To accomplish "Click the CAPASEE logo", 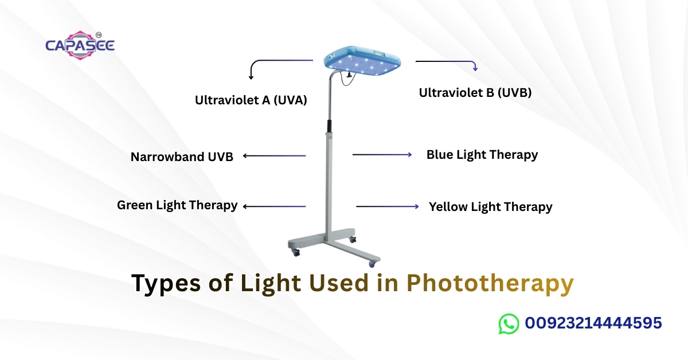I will pyautogui.click(x=80, y=44).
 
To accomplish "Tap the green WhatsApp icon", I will pyautogui.click(x=508, y=323).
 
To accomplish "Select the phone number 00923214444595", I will pyautogui.click(x=593, y=323).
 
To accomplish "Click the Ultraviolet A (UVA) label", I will pyautogui.click(x=251, y=100).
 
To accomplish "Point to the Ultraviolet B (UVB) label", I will pyautogui.click(x=475, y=92).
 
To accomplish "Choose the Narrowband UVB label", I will pyautogui.click(x=182, y=156).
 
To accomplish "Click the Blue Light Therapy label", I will pyautogui.click(x=482, y=154).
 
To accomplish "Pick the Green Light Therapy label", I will pyautogui.click(x=177, y=205).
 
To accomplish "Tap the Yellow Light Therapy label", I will pyautogui.click(x=490, y=206).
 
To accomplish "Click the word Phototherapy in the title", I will pyautogui.click(x=490, y=284).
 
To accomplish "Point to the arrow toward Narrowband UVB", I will pyautogui.click(x=274, y=155).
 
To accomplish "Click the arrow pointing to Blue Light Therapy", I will pyautogui.click(x=382, y=155).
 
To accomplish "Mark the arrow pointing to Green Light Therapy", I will pyautogui.click(x=274, y=206).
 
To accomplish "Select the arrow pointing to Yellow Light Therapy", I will pyautogui.click(x=387, y=206).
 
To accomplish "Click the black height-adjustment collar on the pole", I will pyautogui.click(x=329, y=126).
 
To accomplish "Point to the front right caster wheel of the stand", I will pyautogui.click(x=372, y=263).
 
